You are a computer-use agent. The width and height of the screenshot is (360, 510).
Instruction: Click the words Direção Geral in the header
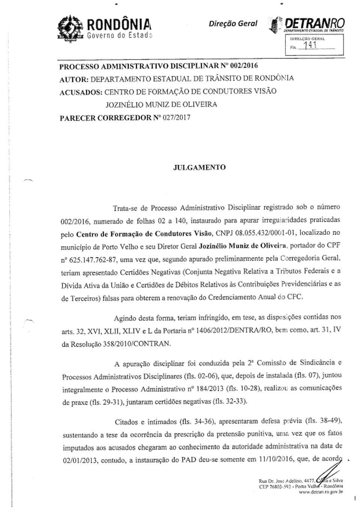(x=233, y=24)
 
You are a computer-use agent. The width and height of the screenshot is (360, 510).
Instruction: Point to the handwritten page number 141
(x=310, y=45)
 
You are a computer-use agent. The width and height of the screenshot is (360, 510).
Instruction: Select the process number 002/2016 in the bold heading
(x=244, y=66)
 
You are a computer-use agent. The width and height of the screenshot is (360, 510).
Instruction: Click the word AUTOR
(x=74, y=79)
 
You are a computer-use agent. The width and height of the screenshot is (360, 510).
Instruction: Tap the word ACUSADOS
(x=81, y=92)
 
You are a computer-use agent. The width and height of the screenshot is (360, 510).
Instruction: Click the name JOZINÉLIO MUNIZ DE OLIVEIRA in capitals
(x=161, y=105)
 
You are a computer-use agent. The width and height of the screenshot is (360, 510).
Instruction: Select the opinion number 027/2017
(x=176, y=117)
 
